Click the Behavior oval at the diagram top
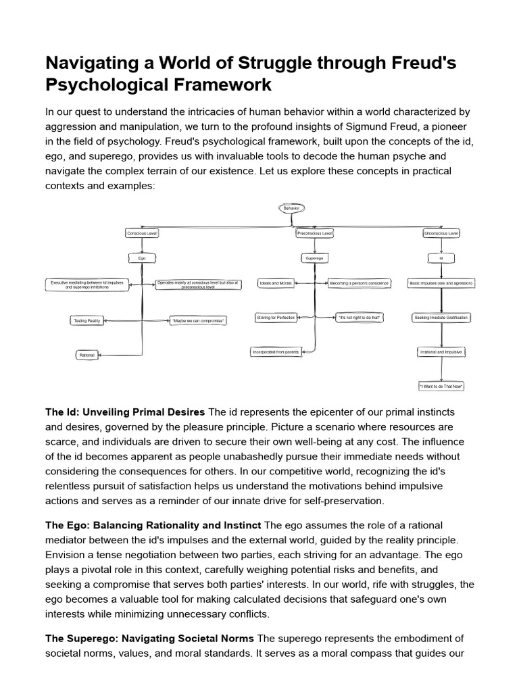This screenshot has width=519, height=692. click(x=291, y=208)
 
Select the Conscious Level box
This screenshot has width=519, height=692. click(x=142, y=233)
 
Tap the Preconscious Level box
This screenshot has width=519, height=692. click(x=314, y=233)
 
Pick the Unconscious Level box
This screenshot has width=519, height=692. click(x=441, y=233)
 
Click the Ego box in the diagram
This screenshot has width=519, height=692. click(x=142, y=258)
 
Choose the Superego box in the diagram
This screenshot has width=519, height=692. click(x=314, y=258)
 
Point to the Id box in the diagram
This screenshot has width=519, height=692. click(x=441, y=258)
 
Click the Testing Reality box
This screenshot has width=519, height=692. click(x=86, y=320)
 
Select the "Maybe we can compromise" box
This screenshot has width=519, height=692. click(x=198, y=320)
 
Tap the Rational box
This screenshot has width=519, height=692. click(x=86, y=355)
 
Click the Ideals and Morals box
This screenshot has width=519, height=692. click(x=276, y=283)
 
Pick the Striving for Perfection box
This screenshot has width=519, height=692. click(x=275, y=317)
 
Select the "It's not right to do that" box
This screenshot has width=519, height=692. click(x=360, y=317)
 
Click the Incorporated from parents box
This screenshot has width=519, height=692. click(x=275, y=351)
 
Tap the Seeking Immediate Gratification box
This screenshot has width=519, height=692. click(x=441, y=317)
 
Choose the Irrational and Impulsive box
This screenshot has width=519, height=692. click(x=441, y=352)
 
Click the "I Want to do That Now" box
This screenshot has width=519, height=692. click(x=441, y=387)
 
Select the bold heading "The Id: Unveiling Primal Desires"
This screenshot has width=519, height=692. click(x=125, y=412)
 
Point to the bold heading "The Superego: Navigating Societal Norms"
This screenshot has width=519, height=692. click(x=149, y=639)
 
